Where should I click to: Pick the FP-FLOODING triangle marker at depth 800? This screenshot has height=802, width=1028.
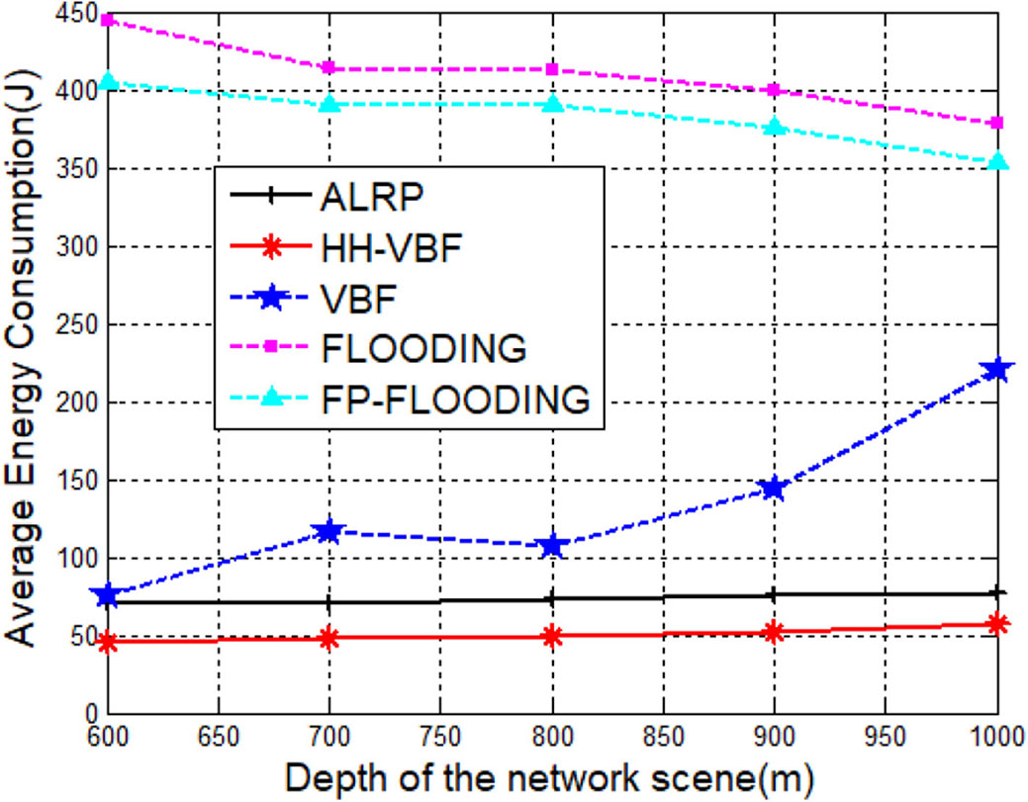tap(552, 104)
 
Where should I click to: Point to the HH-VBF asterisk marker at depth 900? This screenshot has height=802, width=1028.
tap(774, 631)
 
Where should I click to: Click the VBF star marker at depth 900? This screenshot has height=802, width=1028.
tap(774, 489)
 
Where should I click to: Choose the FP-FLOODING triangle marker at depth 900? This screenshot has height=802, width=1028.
tap(774, 127)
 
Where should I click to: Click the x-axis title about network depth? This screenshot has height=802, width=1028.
tap(549, 776)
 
